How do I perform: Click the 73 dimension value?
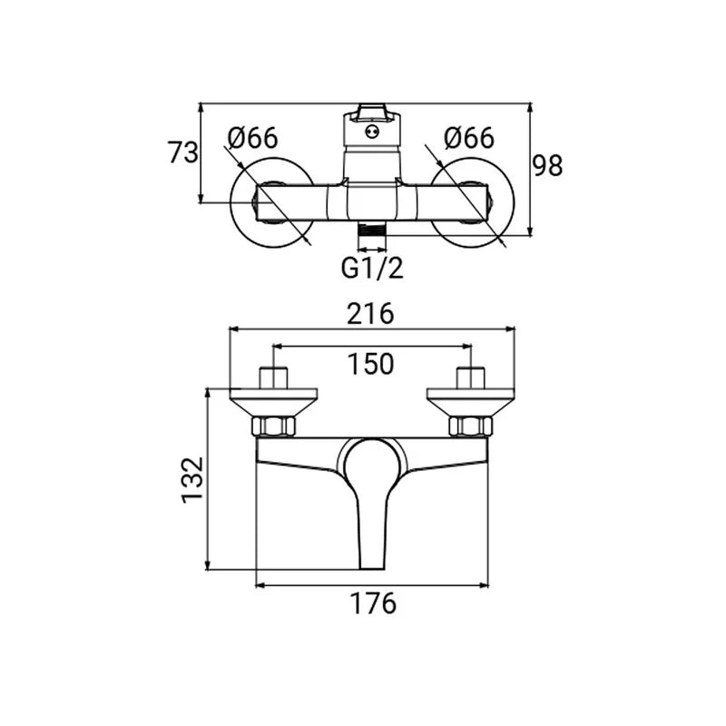(x=183, y=152)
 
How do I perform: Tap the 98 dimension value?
(x=548, y=165)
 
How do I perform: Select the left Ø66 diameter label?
(x=253, y=138)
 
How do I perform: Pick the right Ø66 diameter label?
(x=468, y=138)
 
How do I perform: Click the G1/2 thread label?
(x=372, y=268)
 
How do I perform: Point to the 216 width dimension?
(x=370, y=313)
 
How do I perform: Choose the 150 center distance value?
(x=370, y=364)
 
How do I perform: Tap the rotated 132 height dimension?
(x=193, y=480)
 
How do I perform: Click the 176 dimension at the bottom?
(x=373, y=603)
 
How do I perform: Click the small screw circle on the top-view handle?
(x=372, y=132)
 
